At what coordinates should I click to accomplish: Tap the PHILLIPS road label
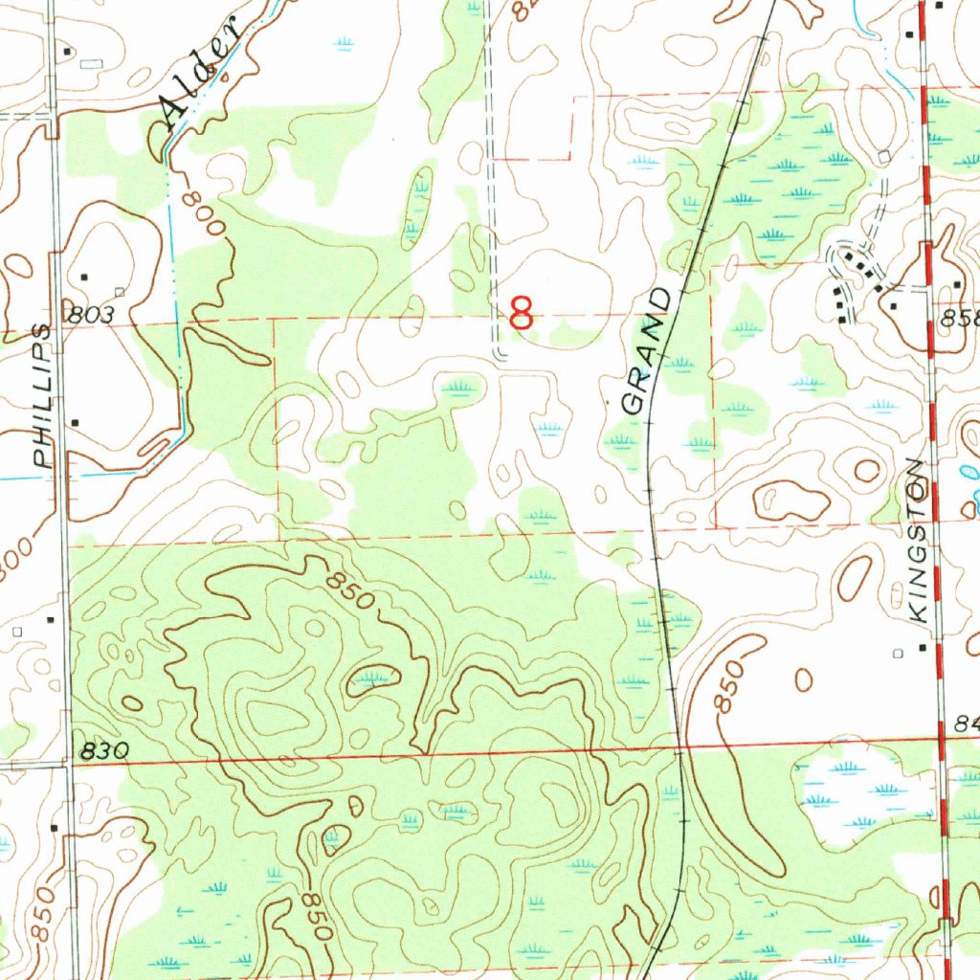pos(41,395)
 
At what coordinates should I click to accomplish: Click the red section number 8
pos(522,313)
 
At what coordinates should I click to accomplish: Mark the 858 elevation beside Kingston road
pos(960,321)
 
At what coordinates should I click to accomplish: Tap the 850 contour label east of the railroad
pos(728,686)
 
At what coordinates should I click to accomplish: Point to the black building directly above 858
pos(957,285)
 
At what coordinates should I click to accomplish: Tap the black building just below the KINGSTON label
pos(924,648)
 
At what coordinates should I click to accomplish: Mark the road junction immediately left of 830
pos(69,765)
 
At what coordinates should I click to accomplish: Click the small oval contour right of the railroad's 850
pos(804,679)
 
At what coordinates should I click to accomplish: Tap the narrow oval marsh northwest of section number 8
pos(418,206)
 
